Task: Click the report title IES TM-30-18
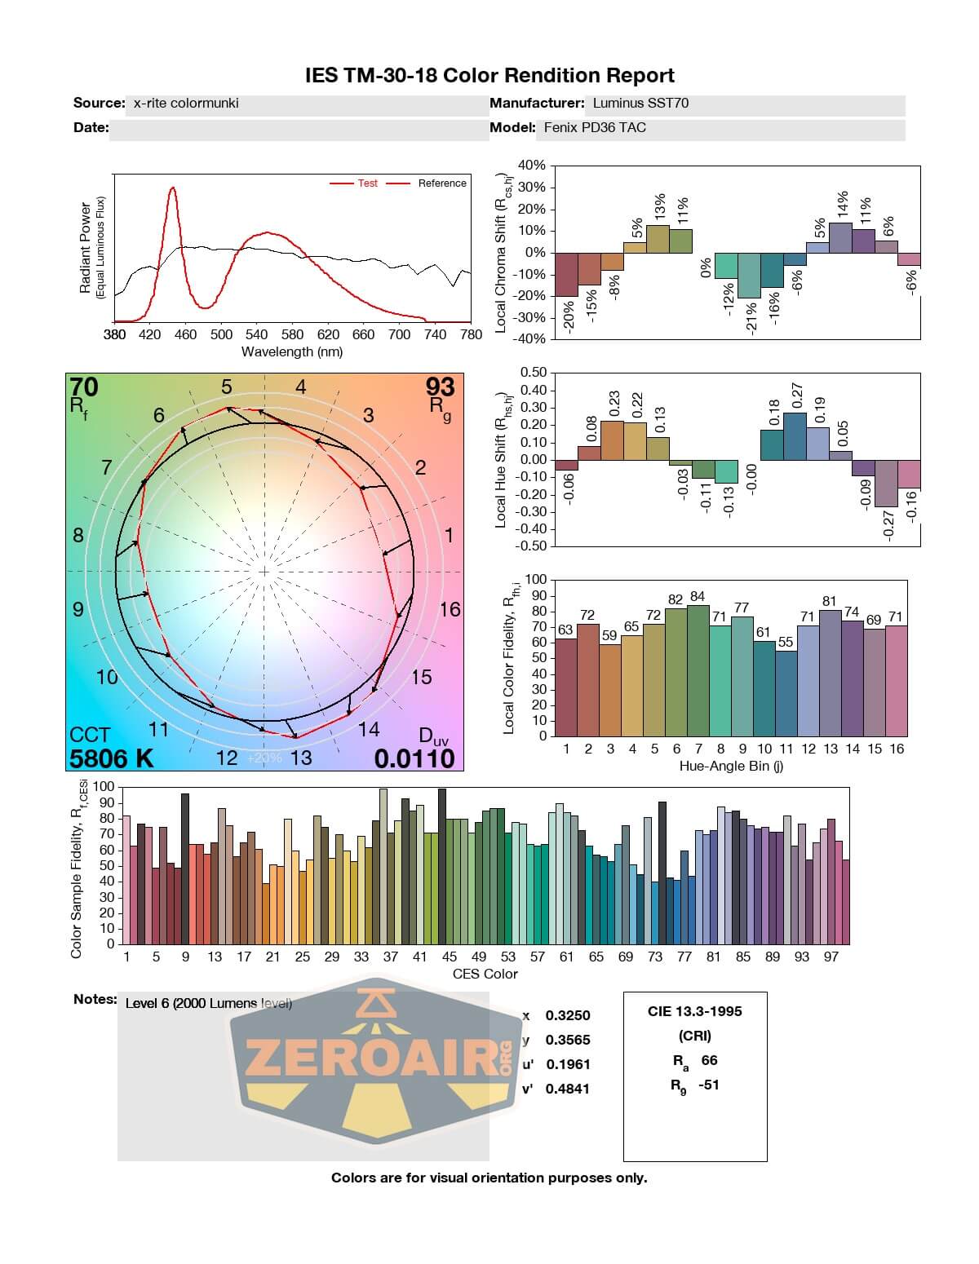pos(489,76)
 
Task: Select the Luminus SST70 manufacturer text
pos(640,104)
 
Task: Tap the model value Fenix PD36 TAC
pos(595,127)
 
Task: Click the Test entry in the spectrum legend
pos(367,183)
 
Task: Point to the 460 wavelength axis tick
pos(185,334)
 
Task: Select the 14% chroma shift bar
pos(841,237)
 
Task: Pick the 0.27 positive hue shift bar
pos(795,436)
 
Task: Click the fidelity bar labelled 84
pos(698,670)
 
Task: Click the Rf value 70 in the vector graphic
pos(84,387)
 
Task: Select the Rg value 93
pos(440,387)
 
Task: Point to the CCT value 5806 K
pos(112,758)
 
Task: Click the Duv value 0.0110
pos(414,758)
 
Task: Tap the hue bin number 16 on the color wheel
pos(450,609)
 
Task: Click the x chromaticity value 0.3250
pos(567,1016)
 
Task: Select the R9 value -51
pos(708,1085)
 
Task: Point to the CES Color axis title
pos(485,974)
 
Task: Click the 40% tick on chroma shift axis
pos(530,166)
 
